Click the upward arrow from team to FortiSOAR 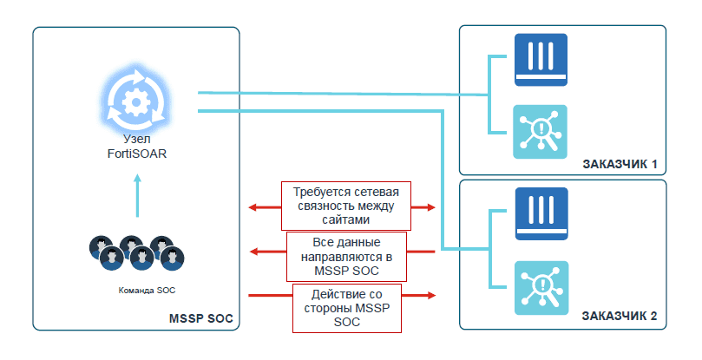137,195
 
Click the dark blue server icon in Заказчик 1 541,59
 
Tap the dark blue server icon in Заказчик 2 541,213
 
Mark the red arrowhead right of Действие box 430,296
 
